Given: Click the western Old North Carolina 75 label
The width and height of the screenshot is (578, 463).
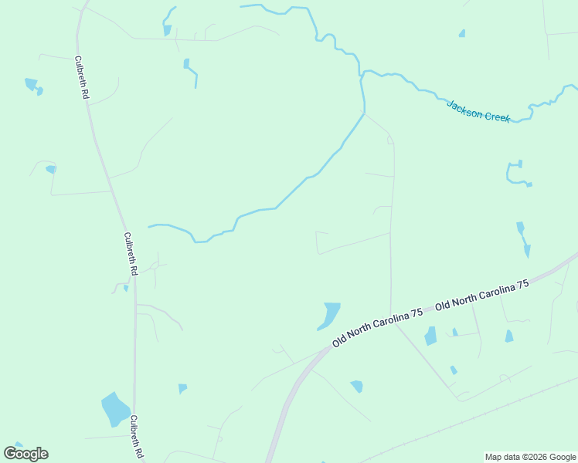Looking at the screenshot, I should [x=377, y=327].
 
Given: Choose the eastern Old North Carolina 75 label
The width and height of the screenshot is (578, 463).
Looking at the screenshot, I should [x=482, y=296].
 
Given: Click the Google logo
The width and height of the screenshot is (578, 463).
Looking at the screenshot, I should [x=25, y=454].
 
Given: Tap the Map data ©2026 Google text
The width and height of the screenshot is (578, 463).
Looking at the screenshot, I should [x=530, y=457].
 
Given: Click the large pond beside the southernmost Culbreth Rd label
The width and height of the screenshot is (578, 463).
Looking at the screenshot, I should [x=115, y=410].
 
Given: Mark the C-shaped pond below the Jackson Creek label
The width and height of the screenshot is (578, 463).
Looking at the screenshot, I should [x=515, y=174].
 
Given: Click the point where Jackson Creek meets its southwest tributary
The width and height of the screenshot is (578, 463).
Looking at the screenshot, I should [x=362, y=77].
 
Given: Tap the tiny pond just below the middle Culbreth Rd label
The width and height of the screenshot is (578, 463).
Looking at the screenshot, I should [x=126, y=288].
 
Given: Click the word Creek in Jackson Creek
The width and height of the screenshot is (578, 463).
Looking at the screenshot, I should [x=496, y=116].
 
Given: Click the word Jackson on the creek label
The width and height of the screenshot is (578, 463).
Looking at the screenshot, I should [x=464, y=106].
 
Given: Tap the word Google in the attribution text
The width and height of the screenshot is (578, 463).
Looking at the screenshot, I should [x=557, y=457].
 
